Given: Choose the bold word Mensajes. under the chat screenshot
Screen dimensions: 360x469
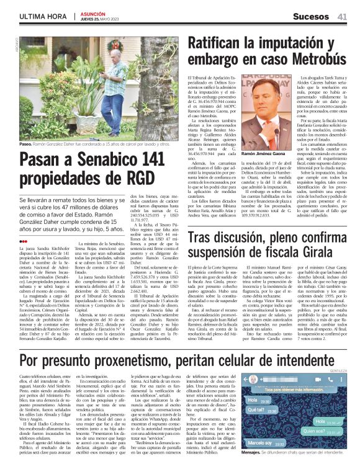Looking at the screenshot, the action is click(x=271, y=461).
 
